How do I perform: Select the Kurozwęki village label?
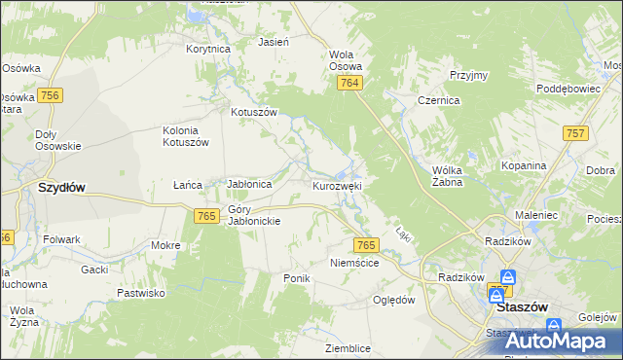coord(337,185)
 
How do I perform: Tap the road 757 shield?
coord(574,132)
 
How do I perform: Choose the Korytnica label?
coord(207,48)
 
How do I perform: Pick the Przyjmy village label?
coord(468,75)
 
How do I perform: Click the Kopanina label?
coord(524,165)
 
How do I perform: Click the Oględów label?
coord(395,300)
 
